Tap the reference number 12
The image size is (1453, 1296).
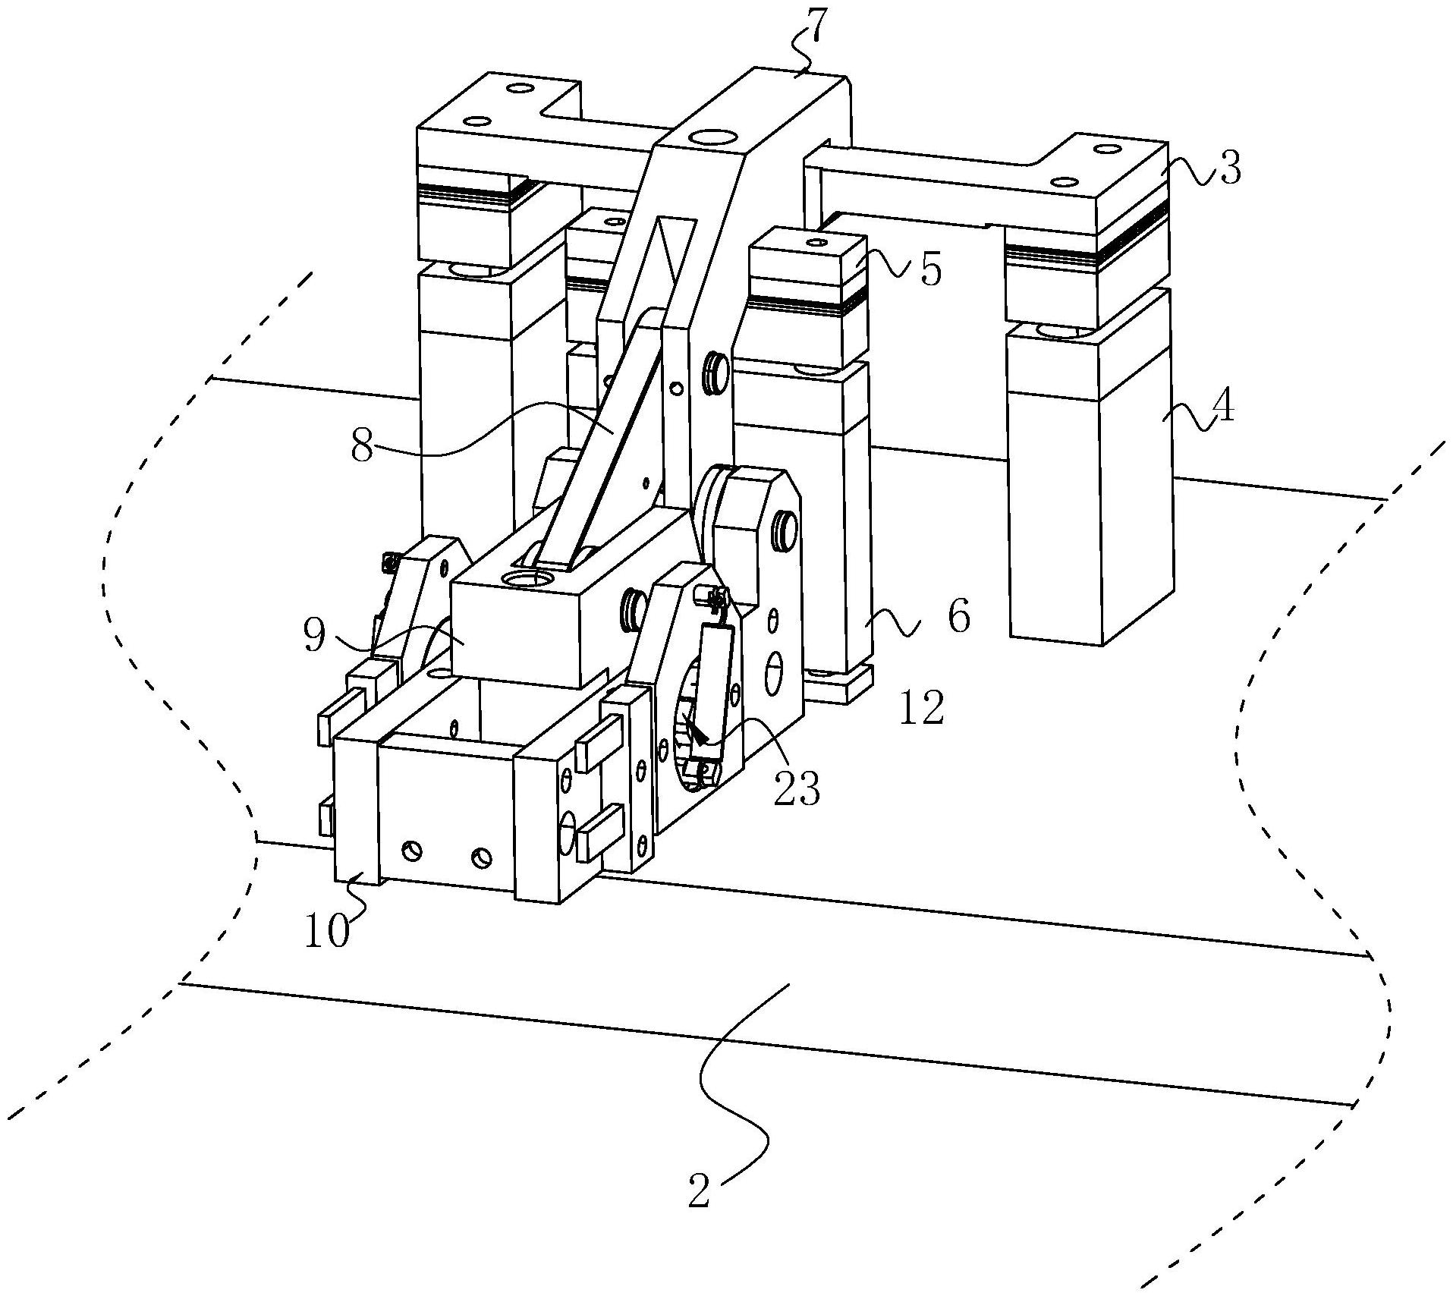coord(922,707)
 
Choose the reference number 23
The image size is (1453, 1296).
coord(797,788)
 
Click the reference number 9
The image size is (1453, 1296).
coord(313,636)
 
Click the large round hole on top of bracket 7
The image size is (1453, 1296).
coord(713,138)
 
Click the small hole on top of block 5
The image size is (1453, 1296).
coord(816,243)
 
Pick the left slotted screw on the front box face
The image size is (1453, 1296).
coord(413,850)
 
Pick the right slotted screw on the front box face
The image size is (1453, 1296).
coord(481,859)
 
